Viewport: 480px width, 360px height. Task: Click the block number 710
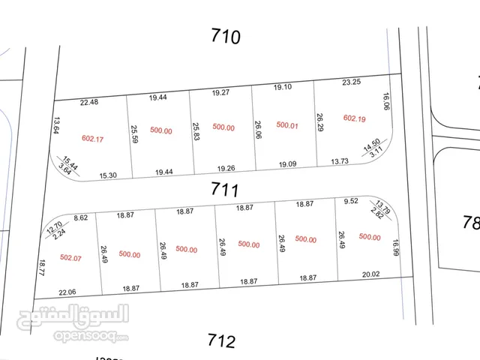[x=225, y=36]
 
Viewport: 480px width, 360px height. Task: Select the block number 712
[x=221, y=341]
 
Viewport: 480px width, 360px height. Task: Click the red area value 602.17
[x=92, y=138]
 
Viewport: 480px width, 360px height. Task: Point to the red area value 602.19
[x=354, y=118]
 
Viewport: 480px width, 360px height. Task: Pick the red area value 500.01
[x=287, y=125]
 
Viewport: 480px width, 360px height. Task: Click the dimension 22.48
[x=89, y=103]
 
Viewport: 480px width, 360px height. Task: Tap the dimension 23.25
[x=352, y=82]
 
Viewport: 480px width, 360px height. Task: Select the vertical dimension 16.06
[x=386, y=103]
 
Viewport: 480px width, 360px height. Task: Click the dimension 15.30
[x=108, y=175]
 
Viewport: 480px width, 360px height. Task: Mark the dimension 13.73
[x=340, y=162]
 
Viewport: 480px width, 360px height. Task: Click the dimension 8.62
[x=81, y=217]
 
